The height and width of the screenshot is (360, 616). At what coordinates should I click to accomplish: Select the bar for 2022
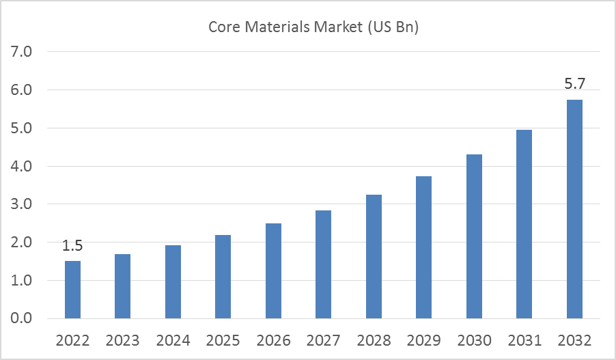[x=72, y=290]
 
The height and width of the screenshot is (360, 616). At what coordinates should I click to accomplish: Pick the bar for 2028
[x=374, y=257]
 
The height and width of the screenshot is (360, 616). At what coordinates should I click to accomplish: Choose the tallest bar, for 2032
[x=574, y=209]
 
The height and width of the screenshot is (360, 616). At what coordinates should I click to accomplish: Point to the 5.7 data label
[x=574, y=85]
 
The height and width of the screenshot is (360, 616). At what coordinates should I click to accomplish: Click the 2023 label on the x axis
[x=123, y=340]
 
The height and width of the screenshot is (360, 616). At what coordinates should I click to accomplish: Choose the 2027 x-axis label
[x=324, y=340]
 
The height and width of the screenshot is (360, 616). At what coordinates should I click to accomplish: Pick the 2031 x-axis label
[x=524, y=340]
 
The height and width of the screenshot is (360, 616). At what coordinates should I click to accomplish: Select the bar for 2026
[x=273, y=271]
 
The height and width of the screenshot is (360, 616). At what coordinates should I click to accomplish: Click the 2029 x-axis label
[x=424, y=340]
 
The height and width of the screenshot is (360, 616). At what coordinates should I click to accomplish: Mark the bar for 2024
[x=173, y=282]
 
